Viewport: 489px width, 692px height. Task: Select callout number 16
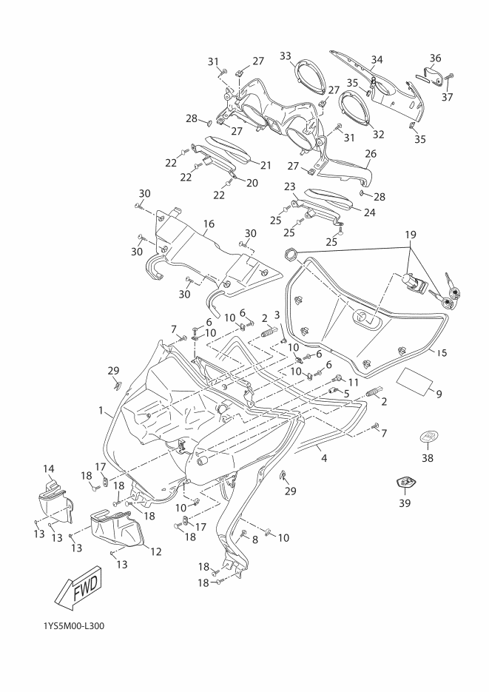(209, 223)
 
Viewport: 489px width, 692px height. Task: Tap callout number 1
(101, 409)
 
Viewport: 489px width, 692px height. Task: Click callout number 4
(323, 458)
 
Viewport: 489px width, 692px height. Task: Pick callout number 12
(156, 551)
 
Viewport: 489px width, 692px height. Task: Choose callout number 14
(49, 468)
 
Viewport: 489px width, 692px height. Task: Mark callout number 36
(435, 58)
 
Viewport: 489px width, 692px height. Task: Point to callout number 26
(371, 155)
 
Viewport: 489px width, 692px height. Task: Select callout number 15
(442, 352)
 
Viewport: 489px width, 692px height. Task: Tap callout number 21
(265, 164)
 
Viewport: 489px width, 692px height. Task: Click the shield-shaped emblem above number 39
(405, 483)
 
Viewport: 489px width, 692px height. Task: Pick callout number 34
(377, 59)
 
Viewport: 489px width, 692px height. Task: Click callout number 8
(255, 540)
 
